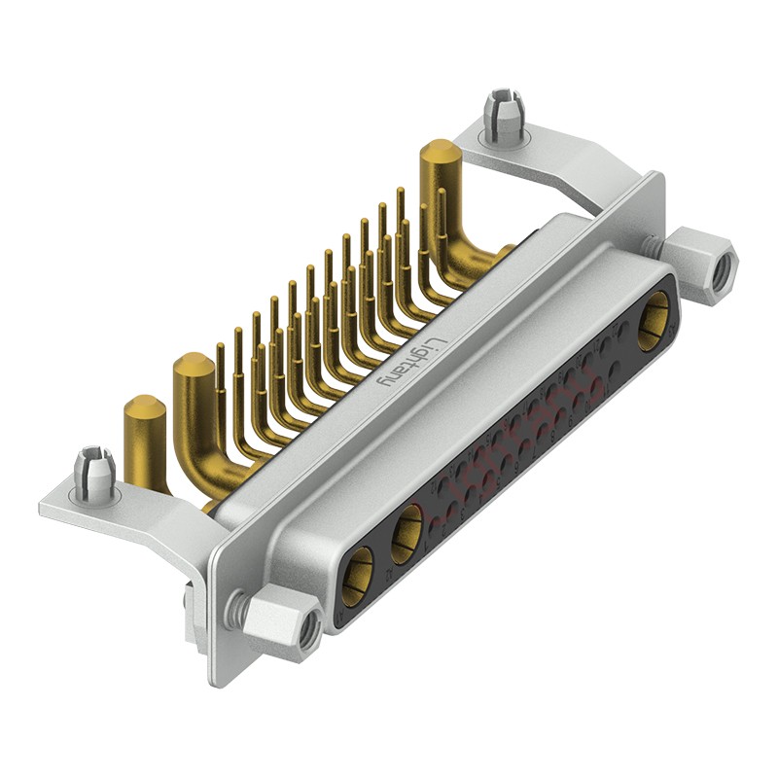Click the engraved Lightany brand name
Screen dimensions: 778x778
pos(414,361)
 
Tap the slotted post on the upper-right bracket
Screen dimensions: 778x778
pos(503,117)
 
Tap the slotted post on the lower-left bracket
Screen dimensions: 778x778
pos(93,473)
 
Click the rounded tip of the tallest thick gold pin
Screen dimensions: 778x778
pos(440,153)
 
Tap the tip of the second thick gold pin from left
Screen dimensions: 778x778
pos(193,369)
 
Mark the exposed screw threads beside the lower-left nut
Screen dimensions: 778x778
pos(233,609)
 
